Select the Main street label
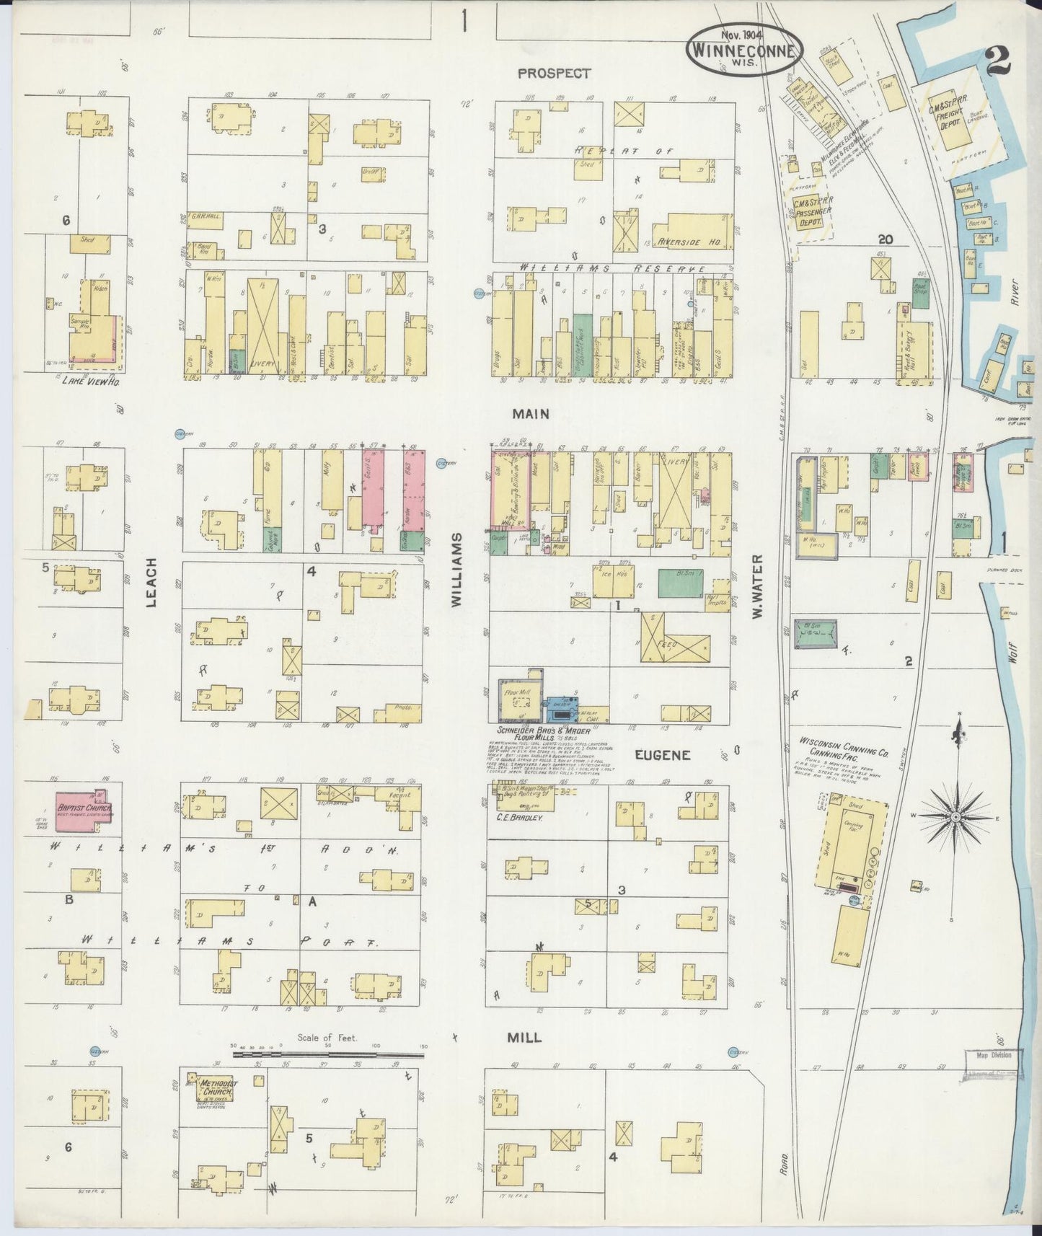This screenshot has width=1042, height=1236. [x=531, y=414]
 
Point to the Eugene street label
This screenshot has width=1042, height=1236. [x=663, y=755]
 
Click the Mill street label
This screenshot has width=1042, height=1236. [x=524, y=1037]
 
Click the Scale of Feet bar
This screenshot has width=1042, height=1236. [x=329, y=1054]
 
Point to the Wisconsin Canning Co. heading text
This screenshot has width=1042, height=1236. [x=843, y=746]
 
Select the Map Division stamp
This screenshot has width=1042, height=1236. [x=993, y=1054]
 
